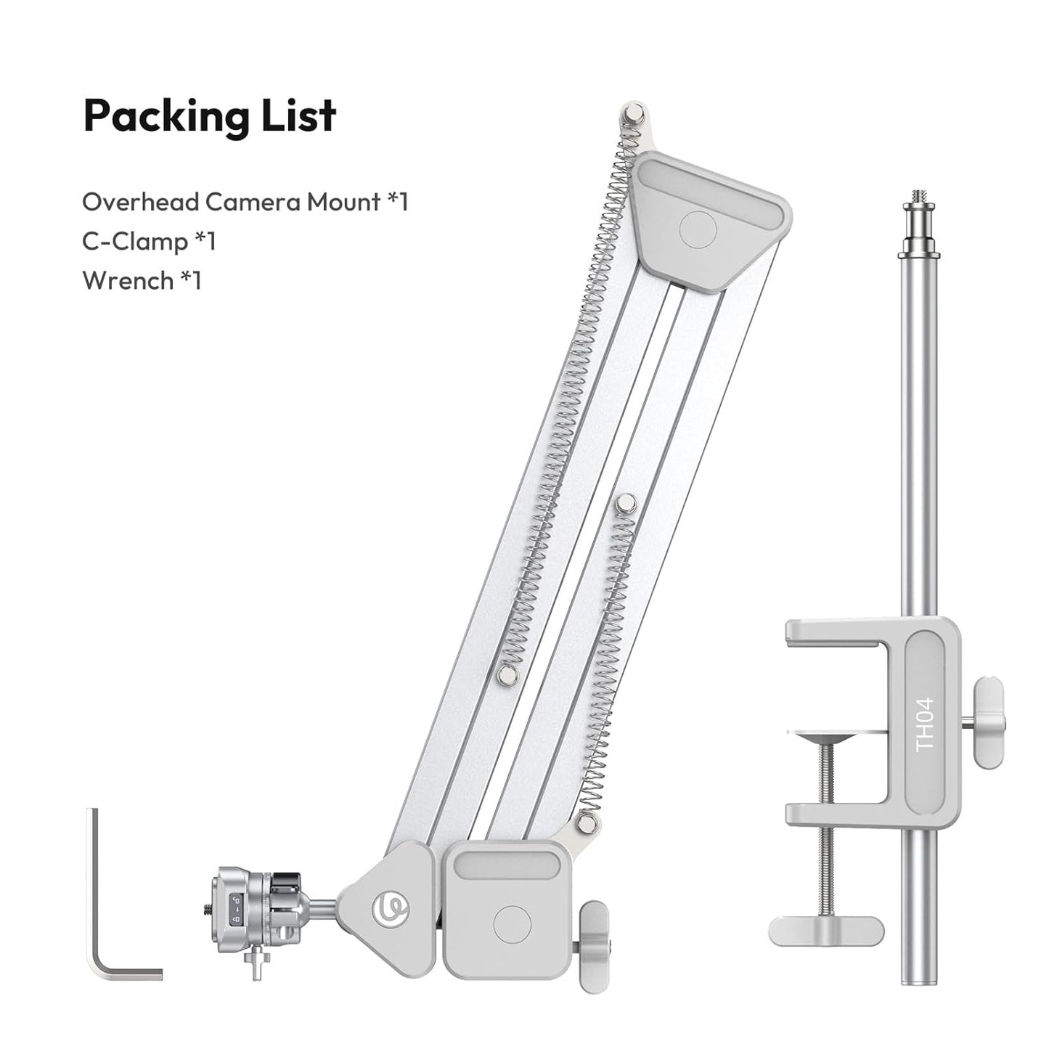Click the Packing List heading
pos(210,115)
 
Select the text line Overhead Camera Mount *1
pos(245,202)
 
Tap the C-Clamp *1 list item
pos(149,241)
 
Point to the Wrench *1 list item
pos(142,280)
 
